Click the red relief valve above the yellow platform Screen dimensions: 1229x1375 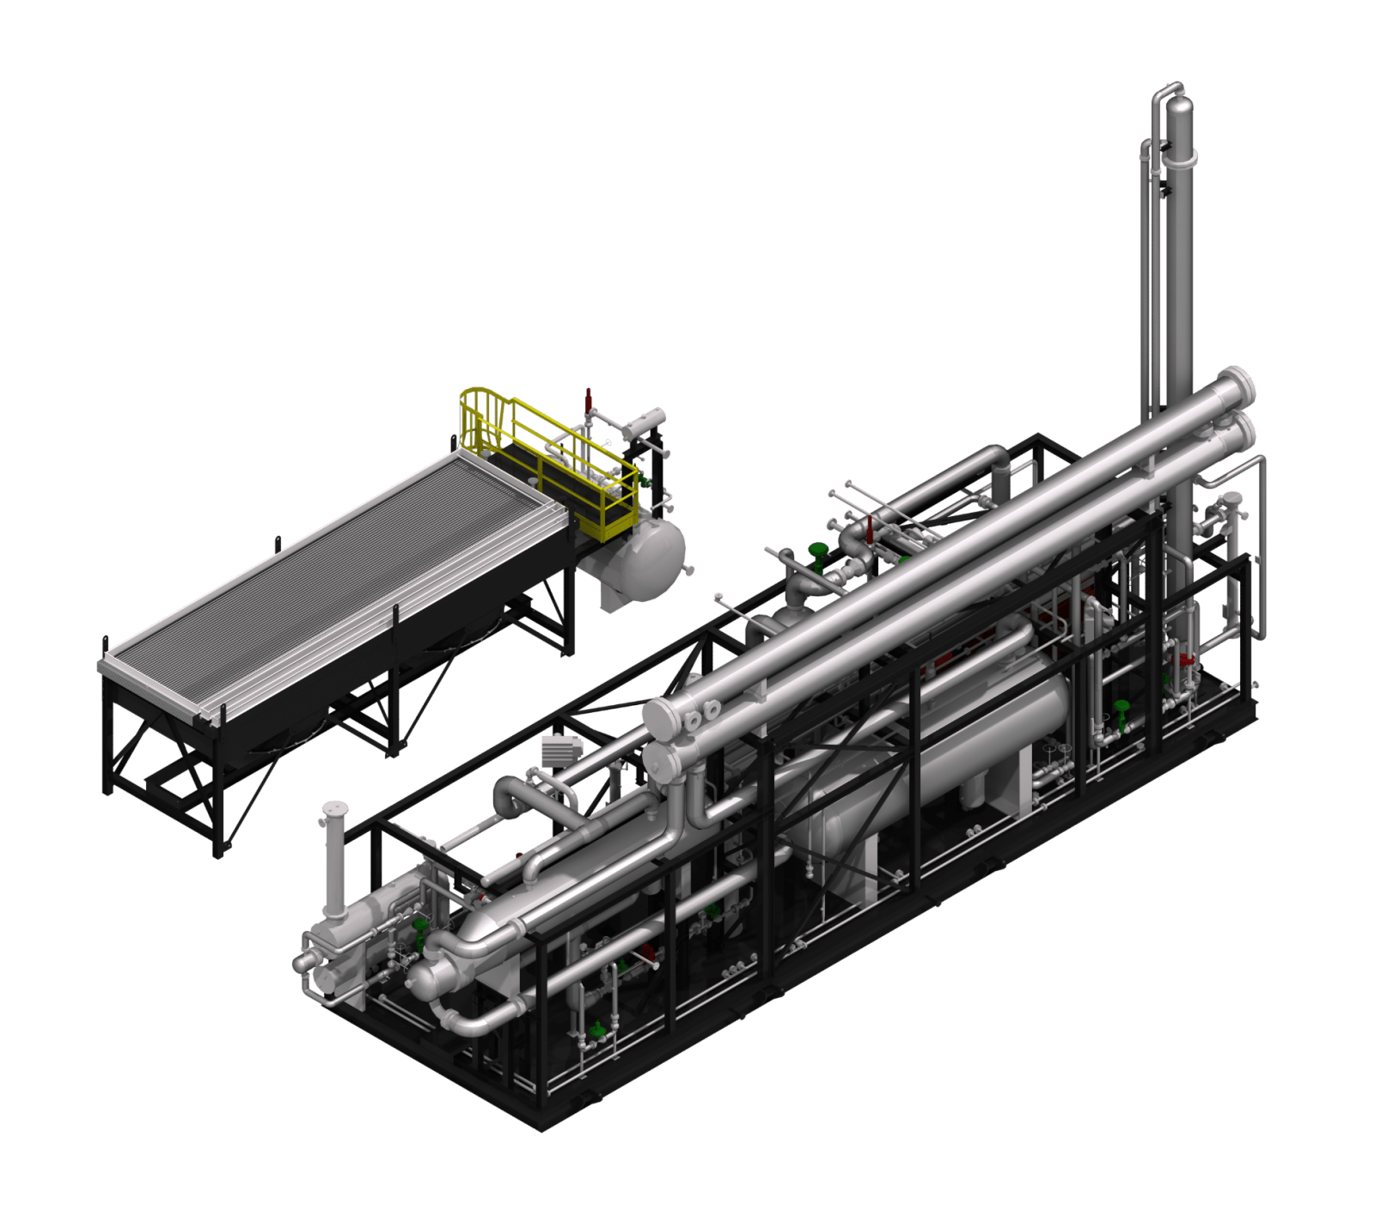click(x=588, y=399)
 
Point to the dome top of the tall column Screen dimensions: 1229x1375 click(x=1181, y=108)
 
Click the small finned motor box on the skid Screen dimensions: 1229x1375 click(x=559, y=749)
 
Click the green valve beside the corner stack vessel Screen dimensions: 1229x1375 click(x=419, y=926)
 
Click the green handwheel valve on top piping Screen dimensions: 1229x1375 click(x=815, y=550)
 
